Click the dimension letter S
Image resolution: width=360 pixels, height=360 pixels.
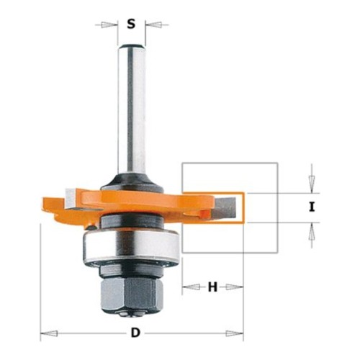point(131,24)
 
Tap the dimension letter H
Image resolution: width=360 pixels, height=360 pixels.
point(212,287)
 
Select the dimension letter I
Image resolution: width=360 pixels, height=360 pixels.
point(312,207)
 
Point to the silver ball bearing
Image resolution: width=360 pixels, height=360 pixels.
point(131,246)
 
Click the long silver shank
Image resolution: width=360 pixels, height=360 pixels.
point(132,108)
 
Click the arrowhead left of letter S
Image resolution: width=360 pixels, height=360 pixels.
point(108,24)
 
